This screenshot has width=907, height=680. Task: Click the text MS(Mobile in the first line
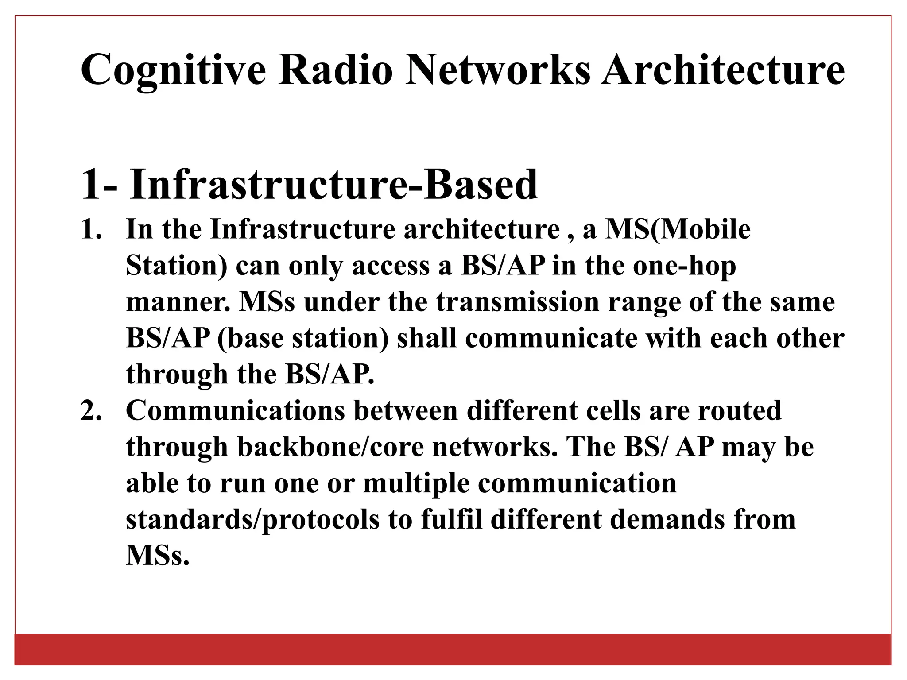point(678,230)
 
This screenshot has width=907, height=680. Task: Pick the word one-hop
point(684,267)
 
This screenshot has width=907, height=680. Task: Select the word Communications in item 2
point(235,411)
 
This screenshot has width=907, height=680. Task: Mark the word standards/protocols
point(252,519)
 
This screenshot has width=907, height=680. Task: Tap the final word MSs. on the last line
point(158,556)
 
